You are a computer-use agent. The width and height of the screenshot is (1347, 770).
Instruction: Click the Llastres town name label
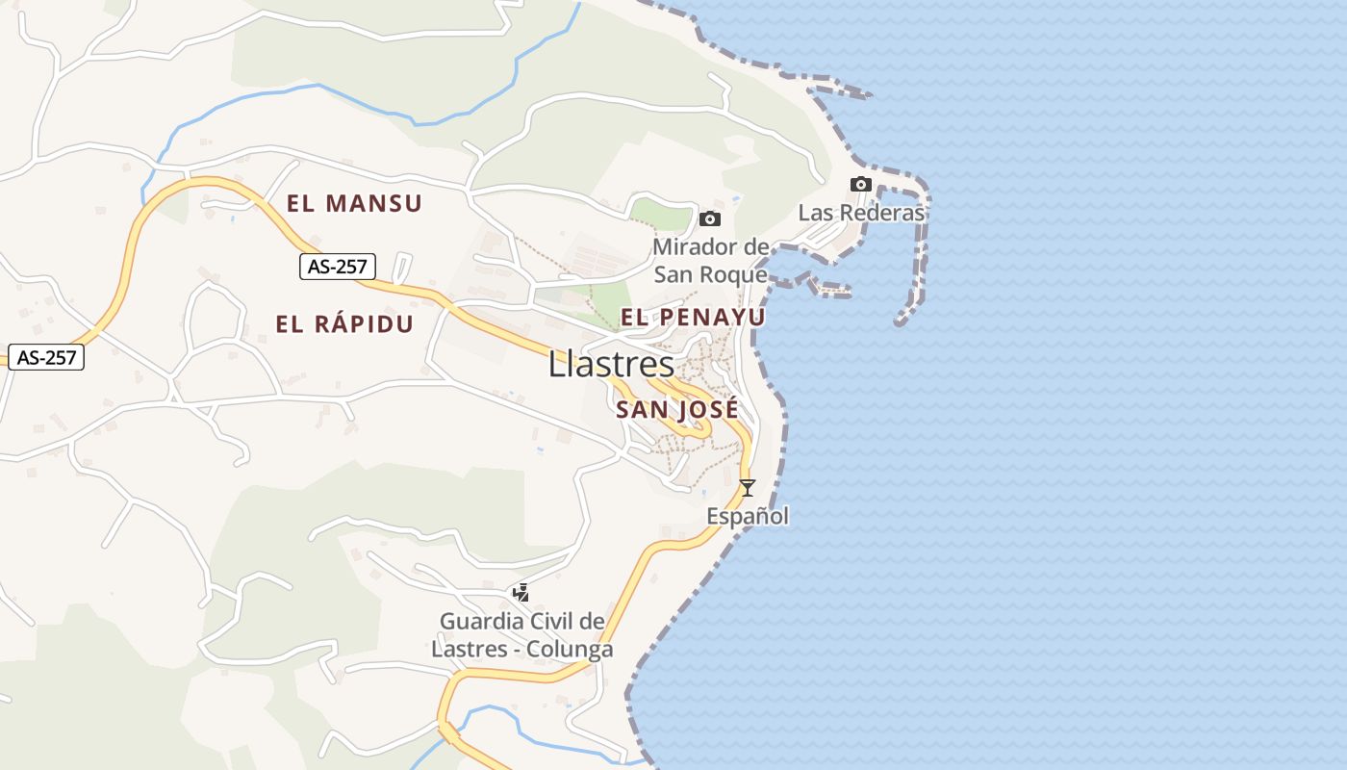point(612,365)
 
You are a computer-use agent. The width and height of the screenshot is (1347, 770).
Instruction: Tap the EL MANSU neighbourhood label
point(354,204)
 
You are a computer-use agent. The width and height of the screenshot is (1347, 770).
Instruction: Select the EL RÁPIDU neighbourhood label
point(344,324)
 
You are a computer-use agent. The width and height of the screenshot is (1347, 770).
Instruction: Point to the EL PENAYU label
point(693,318)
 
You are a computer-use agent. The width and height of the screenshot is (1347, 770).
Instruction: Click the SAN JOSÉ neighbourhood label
point(677,409)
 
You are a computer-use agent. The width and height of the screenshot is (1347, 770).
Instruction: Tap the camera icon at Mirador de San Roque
point(710,219)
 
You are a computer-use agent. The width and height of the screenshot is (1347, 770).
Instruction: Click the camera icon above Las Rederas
point(861,185)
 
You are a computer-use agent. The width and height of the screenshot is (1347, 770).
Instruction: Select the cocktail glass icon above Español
point(747,488)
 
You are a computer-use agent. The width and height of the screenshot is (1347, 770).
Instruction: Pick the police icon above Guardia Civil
point(521,593)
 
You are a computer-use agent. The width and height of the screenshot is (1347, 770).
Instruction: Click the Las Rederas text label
point(861,213)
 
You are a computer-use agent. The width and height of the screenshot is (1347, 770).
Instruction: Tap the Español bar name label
point(748,517)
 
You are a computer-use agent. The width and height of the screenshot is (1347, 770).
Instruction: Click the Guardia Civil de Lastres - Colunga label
point(522,635)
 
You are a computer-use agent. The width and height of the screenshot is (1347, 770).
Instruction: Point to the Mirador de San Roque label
point(711,261)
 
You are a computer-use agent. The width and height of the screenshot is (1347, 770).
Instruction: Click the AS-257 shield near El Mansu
point(337,267)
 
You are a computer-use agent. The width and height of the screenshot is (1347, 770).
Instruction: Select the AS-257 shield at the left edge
point(46,357)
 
